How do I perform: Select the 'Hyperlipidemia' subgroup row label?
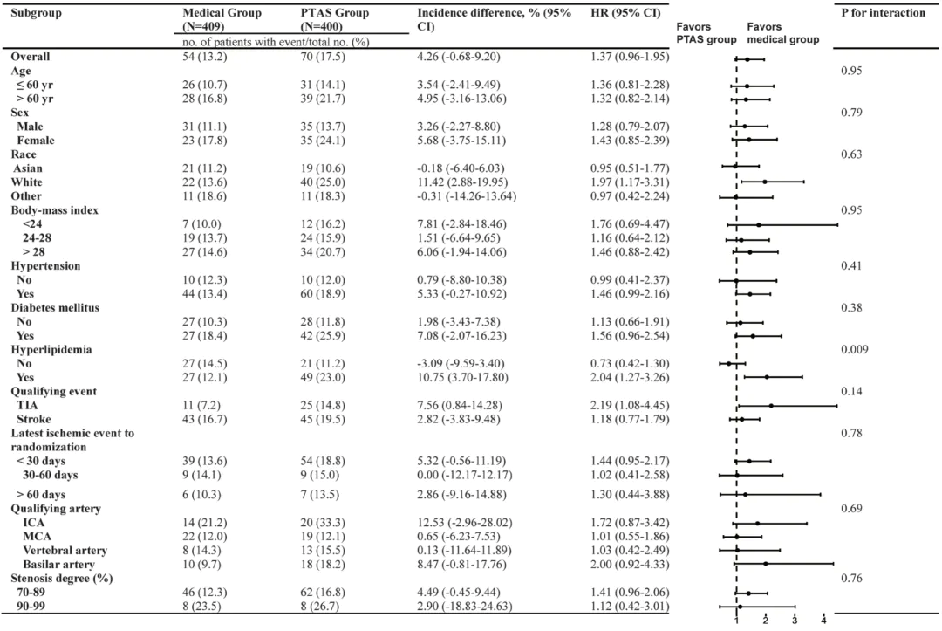(x=49, y=349)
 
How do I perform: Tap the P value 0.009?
(x=855, y=349)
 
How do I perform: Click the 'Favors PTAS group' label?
(x=705, y=33)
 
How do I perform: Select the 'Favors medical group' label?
(x=782, y=33)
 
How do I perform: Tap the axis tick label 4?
(x=823, y=621)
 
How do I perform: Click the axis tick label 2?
(x=765, y=621)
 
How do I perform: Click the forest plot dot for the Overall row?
(x=747, y=59)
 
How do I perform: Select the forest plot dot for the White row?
(x=765, y=182)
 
